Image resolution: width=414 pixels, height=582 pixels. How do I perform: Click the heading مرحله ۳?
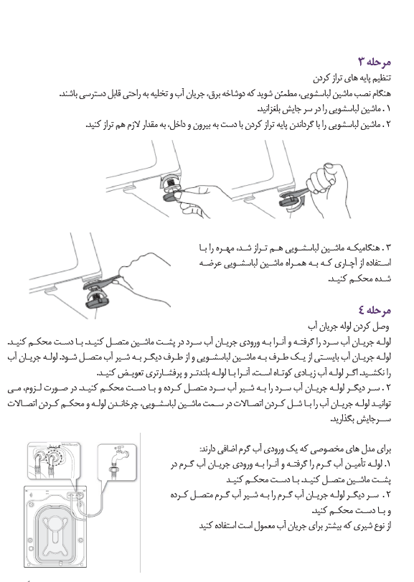pyautogui.click(x=375, y=62)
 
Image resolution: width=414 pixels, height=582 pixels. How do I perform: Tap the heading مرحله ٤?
pyautogui.click(x=375, y=309)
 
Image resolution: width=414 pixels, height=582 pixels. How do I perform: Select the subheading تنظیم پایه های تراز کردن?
pyautogui.click(x=352, y=78)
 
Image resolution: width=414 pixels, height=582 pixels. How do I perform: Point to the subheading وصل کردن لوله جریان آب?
pyautogui.click(x=349, y=327)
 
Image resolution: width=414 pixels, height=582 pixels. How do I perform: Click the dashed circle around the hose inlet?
pyautogui.click(x=54, y=456)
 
